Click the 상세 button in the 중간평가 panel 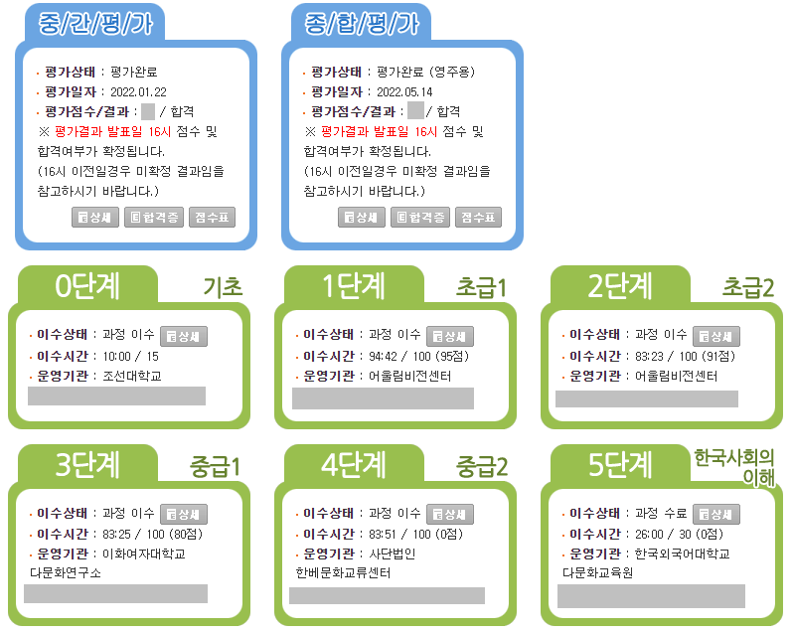95,217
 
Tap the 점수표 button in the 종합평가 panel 479,217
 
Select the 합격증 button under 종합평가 420,217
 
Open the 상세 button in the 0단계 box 184,336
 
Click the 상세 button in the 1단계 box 450,336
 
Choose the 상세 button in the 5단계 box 716,514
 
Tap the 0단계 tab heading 87,286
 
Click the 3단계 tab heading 87,464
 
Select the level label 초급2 748,288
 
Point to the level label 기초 223,288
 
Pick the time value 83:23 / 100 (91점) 685,356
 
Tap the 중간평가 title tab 89,25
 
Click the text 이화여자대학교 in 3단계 144,554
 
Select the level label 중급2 482,466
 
